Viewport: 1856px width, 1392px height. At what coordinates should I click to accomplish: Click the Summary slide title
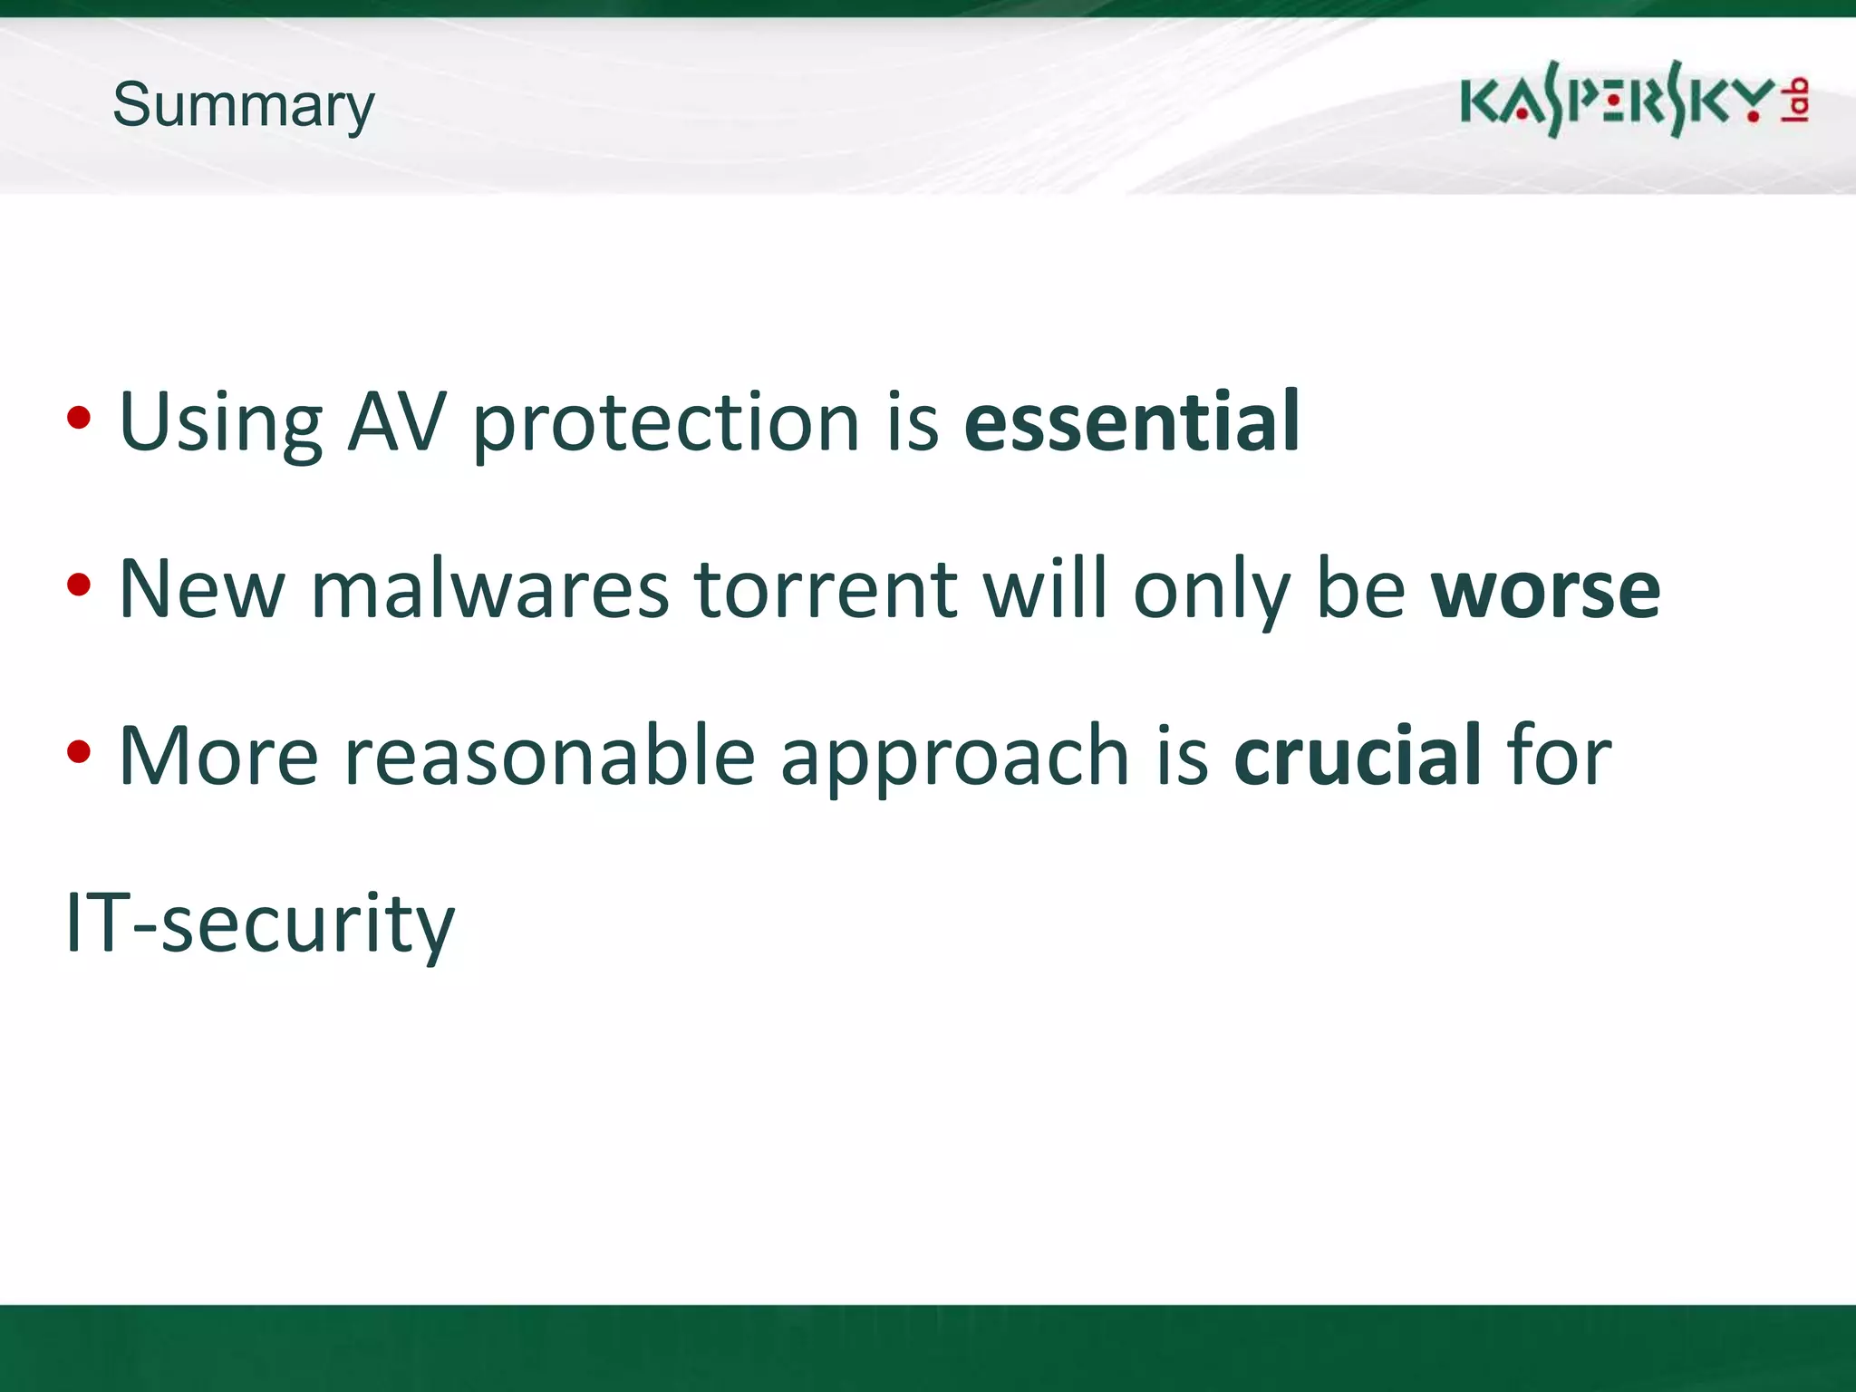coord(243,106)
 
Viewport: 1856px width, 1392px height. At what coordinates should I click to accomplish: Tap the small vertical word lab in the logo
coord(1796,100)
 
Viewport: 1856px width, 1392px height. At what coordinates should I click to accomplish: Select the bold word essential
coord(1132,421)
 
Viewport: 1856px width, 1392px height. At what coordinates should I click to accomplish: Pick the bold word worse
coord(1545,590)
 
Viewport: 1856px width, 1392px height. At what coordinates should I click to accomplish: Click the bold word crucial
coord(1357,756)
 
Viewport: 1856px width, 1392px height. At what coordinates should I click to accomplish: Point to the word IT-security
coord(260,924)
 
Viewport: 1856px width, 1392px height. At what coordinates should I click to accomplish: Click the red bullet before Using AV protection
coord(79,419)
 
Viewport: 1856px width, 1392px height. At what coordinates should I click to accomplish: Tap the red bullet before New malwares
coord(79,585)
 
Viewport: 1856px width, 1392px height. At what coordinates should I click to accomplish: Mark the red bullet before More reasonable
coord(79,751)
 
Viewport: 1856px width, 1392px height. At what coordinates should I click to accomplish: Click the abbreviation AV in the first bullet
coord(397,421)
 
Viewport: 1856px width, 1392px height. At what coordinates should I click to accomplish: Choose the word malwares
coord(489,590)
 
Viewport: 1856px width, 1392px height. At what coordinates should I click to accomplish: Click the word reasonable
coord(550,756)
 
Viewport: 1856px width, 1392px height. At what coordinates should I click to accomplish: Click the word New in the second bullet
coord(201,590)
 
